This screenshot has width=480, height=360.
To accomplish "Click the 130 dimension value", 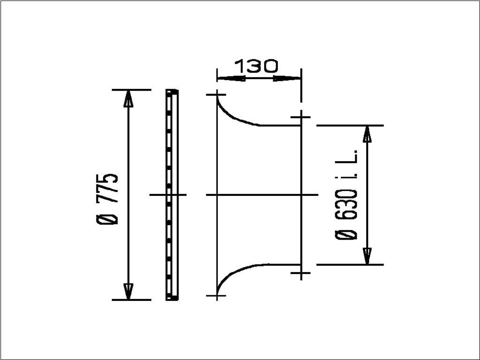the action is (x=257, y=66).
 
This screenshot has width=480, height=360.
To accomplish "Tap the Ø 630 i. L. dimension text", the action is (x=347, y=195).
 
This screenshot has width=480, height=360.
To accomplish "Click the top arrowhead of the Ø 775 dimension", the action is (x=128, y=98).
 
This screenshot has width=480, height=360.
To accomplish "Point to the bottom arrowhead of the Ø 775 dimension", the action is (x=128, y=291).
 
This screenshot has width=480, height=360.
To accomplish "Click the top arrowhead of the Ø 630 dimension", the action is (x=367, y=133).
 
